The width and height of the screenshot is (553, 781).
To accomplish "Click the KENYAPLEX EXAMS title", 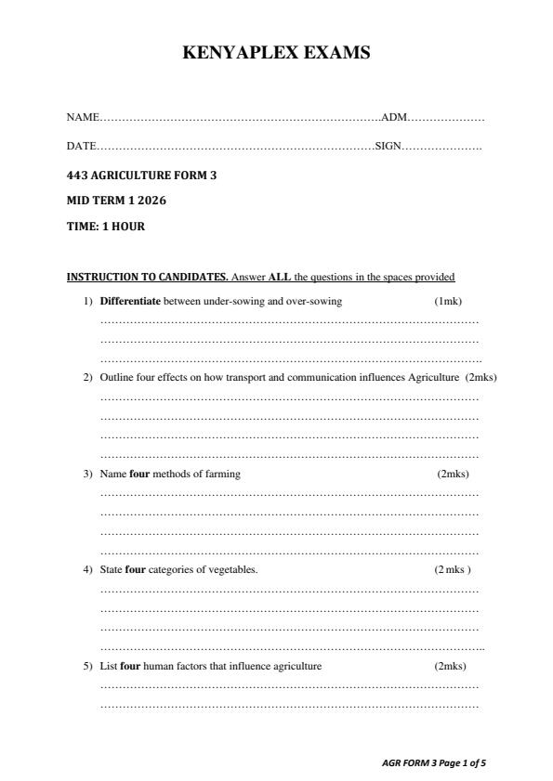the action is coord(277,54).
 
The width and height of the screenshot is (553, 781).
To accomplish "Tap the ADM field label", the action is coord(394,118).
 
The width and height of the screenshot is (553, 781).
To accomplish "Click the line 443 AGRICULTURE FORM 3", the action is coord(141,175).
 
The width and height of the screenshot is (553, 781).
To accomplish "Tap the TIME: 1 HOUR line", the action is coord(105,226).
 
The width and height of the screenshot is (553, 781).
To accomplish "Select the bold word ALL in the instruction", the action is coord(280,277).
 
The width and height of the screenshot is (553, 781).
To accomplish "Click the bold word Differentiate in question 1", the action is coord(130,301).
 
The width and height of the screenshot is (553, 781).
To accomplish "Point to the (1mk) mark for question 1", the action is coord(448,301).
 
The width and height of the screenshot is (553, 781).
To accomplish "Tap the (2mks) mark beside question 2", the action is coord(481,377).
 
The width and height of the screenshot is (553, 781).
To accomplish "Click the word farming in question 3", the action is coord(221,474).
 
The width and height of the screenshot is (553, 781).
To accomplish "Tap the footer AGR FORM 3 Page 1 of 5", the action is coord(434,762).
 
